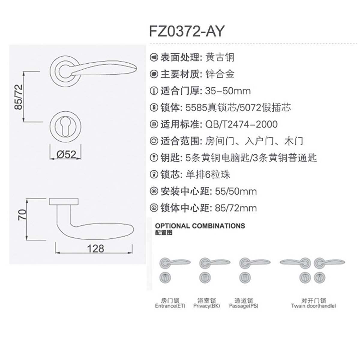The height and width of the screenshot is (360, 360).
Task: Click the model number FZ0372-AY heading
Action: click(x=186, y=31)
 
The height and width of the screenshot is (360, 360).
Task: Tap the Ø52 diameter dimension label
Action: click(x=66, y=154)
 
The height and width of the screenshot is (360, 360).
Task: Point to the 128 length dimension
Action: click(x=95, y=248)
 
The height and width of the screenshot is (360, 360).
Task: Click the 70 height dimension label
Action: click(x=22, y=215)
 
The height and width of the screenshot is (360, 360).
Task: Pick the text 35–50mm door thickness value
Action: click(x=228, y=91)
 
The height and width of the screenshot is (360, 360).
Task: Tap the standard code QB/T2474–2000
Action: click(x=241, y=124)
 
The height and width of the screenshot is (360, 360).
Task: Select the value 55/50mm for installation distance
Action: click(x=236, y=191)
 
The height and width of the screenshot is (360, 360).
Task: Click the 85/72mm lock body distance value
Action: click(x=236, y=208)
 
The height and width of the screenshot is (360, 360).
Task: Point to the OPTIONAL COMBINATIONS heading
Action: click(x=200, y=226)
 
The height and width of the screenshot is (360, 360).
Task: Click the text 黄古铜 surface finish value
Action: click(x=220, y=57)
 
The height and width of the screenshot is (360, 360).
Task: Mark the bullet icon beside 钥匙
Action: click(x=154, y=158)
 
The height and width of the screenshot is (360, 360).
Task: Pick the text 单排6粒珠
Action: click(x=208, y=175)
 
